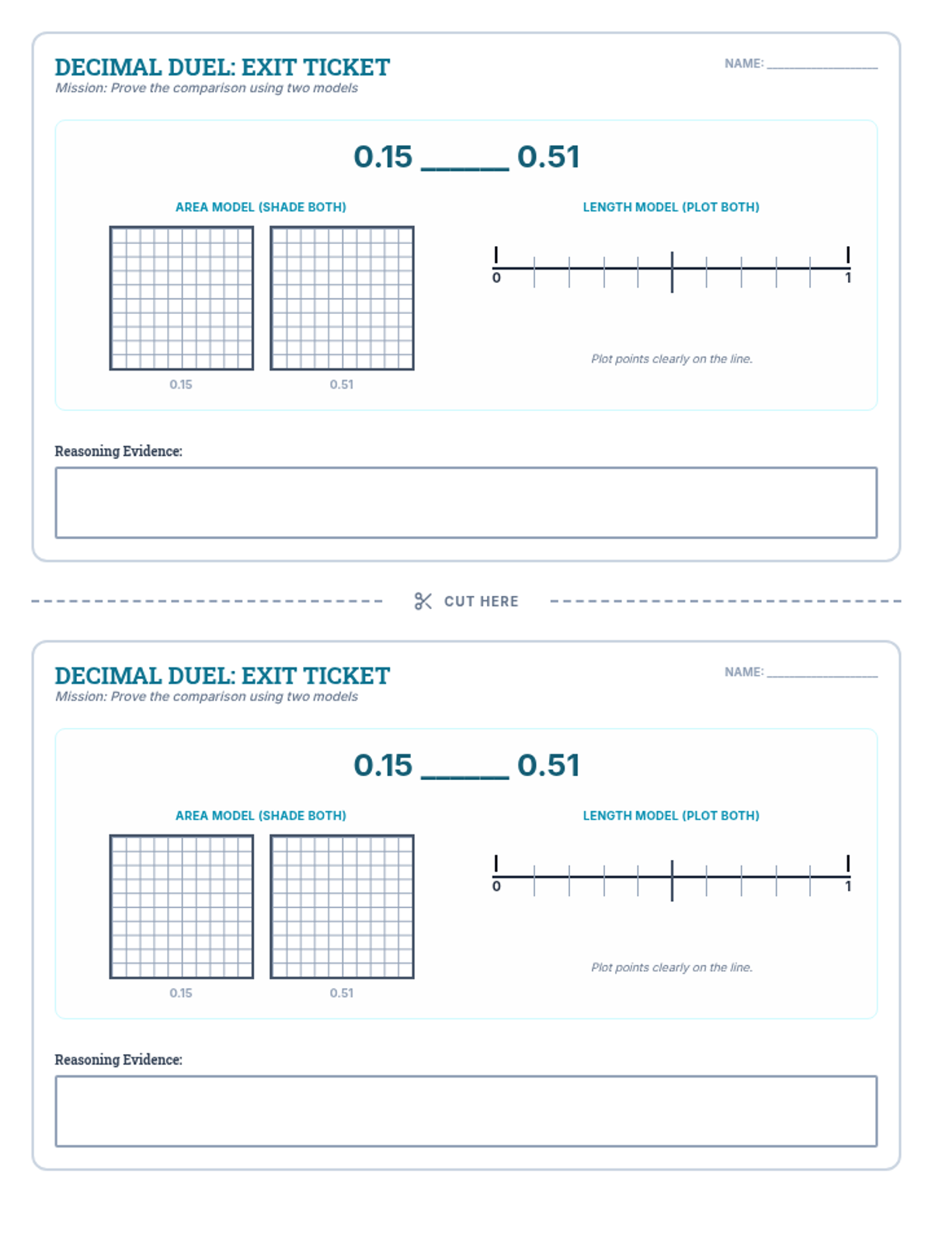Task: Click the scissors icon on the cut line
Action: pyautogui.click(x=423, y=601)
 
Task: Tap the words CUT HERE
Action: pyautogui.click(x=481, y=601)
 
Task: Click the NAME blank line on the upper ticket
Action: pyautogui.click(x=822, y=68)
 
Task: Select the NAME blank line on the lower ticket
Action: pyautogui.click(x=822, y=676)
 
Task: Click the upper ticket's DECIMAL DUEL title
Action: pyautogui.click(x=222, y=68)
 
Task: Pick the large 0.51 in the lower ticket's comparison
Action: pyautogui.click(x=548, y=765)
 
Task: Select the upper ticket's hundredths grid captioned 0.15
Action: pyautogui.click(x=182, y=298)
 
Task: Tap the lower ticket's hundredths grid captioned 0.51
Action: pyautogui.click(x=342, y=906)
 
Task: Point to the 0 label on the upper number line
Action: pyautogui.click(x=496, y=277)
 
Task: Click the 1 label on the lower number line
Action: pyautogui.click(x=847, y=886)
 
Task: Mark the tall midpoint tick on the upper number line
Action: pyautogui.click(x=672, y=273)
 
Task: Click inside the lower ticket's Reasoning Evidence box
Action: pyautogui.click(x=466, y=1111)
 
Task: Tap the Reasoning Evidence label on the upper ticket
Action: pyautogui.click(x=118, y=451)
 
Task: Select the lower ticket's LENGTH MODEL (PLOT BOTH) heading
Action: pyautogui.click(x=671, y=816)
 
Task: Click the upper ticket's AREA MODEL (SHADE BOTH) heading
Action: pyautogui.click(x=261, y=207)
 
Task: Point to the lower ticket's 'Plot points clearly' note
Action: pyautogui.click(x=672, y=967)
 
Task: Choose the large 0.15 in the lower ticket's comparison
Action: pyautogui.click(x=383, y=765)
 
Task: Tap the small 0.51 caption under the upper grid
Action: pyautogui.click(x=342, y=385)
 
